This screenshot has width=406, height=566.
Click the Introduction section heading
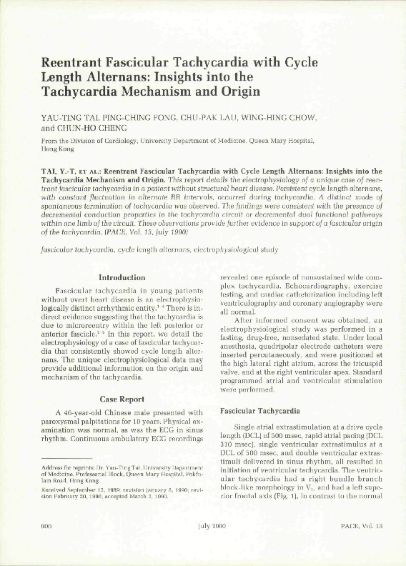click(x=121, y=277)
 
